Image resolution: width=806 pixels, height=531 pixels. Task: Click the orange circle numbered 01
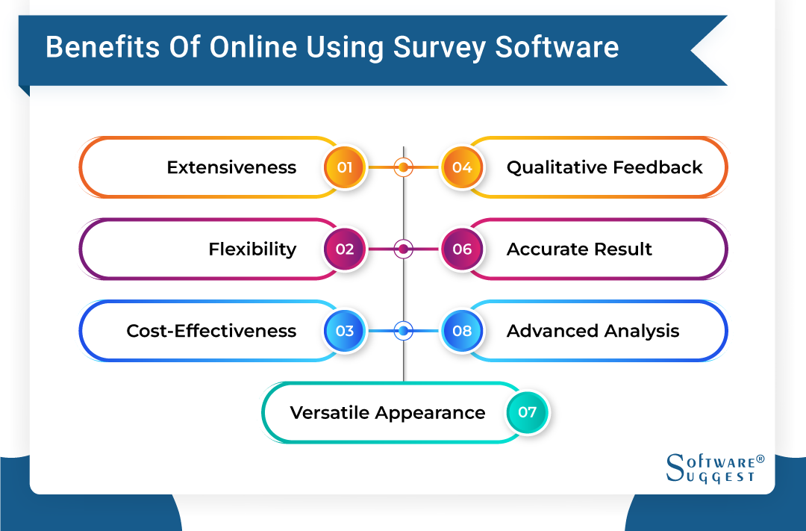coord(345,167)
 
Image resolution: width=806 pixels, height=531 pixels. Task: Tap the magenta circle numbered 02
coord(345,249)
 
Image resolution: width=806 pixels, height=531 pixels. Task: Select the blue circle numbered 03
coord(345,331)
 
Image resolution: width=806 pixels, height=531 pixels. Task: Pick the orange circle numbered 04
coord(462,167)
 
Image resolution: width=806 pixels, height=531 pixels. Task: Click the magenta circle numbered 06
coord(462,249)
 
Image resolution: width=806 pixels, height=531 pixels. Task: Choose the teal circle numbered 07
coord(527,412)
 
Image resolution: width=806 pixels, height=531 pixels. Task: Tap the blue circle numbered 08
coord(462,331)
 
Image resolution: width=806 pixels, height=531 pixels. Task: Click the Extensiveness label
coord(231,167)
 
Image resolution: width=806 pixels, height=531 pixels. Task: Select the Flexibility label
coord(252,249)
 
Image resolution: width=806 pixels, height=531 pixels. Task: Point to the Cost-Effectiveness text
coord(211,331)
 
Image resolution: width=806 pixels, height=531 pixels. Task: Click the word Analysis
coord(643,331)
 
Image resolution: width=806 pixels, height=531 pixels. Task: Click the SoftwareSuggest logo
coord(715,468)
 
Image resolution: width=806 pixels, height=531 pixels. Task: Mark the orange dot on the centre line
coord(404,167)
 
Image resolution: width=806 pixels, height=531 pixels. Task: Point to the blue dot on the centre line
coord(404,331)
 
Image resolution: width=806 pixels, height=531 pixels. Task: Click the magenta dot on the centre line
coord(404,249)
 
